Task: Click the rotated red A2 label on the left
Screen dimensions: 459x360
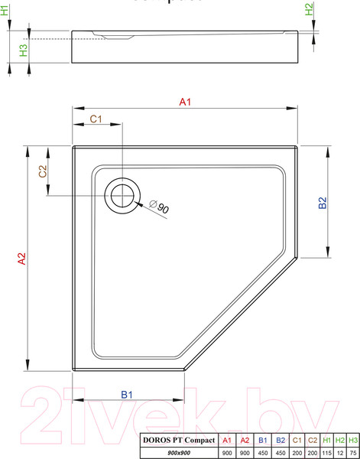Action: click(x=23, y=260)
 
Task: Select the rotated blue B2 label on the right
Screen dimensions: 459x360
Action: click(x=323, y=203)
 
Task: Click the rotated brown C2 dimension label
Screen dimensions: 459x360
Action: click(x=44, y=172)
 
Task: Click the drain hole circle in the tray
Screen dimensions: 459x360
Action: click(x=122, y=196)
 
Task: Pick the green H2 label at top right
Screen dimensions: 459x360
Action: click(x=309, y=10)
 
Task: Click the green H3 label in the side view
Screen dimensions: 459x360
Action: click(x=23, y=50)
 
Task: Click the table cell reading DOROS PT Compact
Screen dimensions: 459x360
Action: click(x=178, y=440)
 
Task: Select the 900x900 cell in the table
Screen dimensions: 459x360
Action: click(x=178, y=453)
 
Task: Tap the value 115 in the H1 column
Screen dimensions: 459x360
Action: click(x=326, y=453)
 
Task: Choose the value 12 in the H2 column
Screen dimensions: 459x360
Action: click(x=340, y=453)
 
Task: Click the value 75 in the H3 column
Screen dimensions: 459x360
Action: click(x=353, y=453)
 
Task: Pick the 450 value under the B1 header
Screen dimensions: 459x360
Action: click(x=262, y=453)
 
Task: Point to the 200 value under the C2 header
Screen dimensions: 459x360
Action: click(x=311, y=453)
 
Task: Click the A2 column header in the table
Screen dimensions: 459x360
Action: click(x=245, y=440)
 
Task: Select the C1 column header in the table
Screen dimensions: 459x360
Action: click(x=295, y=440)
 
